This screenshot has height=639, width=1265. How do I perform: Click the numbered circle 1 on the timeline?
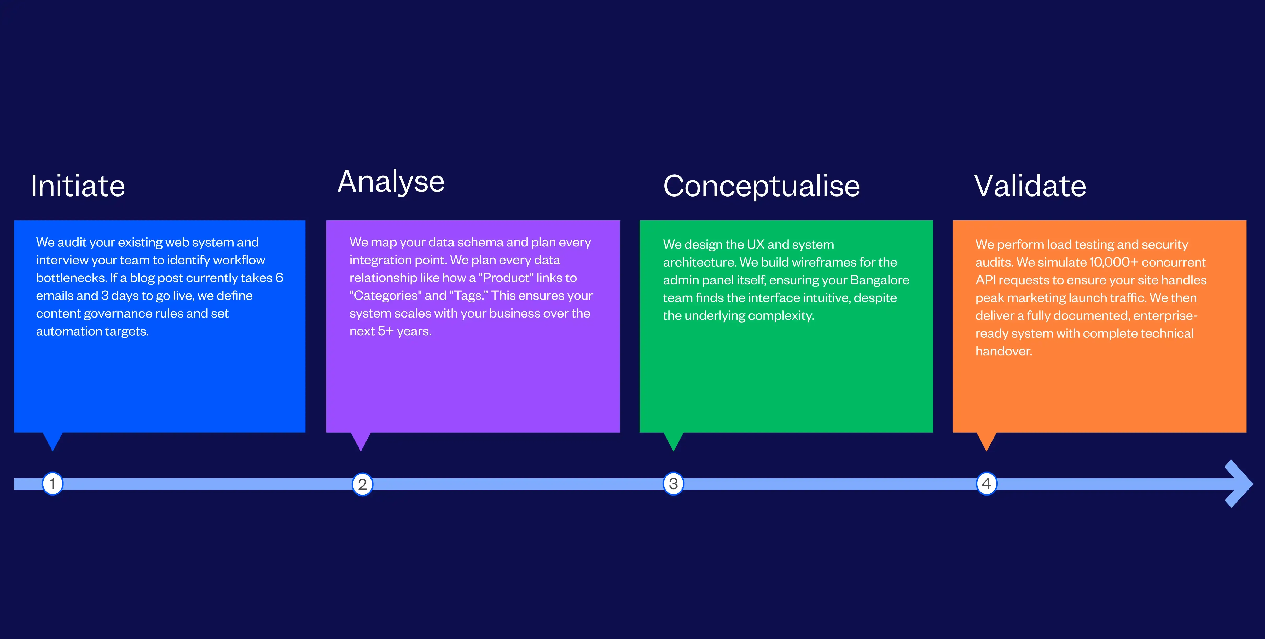point(53,484)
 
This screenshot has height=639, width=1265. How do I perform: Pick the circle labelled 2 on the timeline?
point(362,484)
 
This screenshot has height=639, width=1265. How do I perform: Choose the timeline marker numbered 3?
point(673,484)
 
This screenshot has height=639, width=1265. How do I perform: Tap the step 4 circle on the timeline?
point(987,484)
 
